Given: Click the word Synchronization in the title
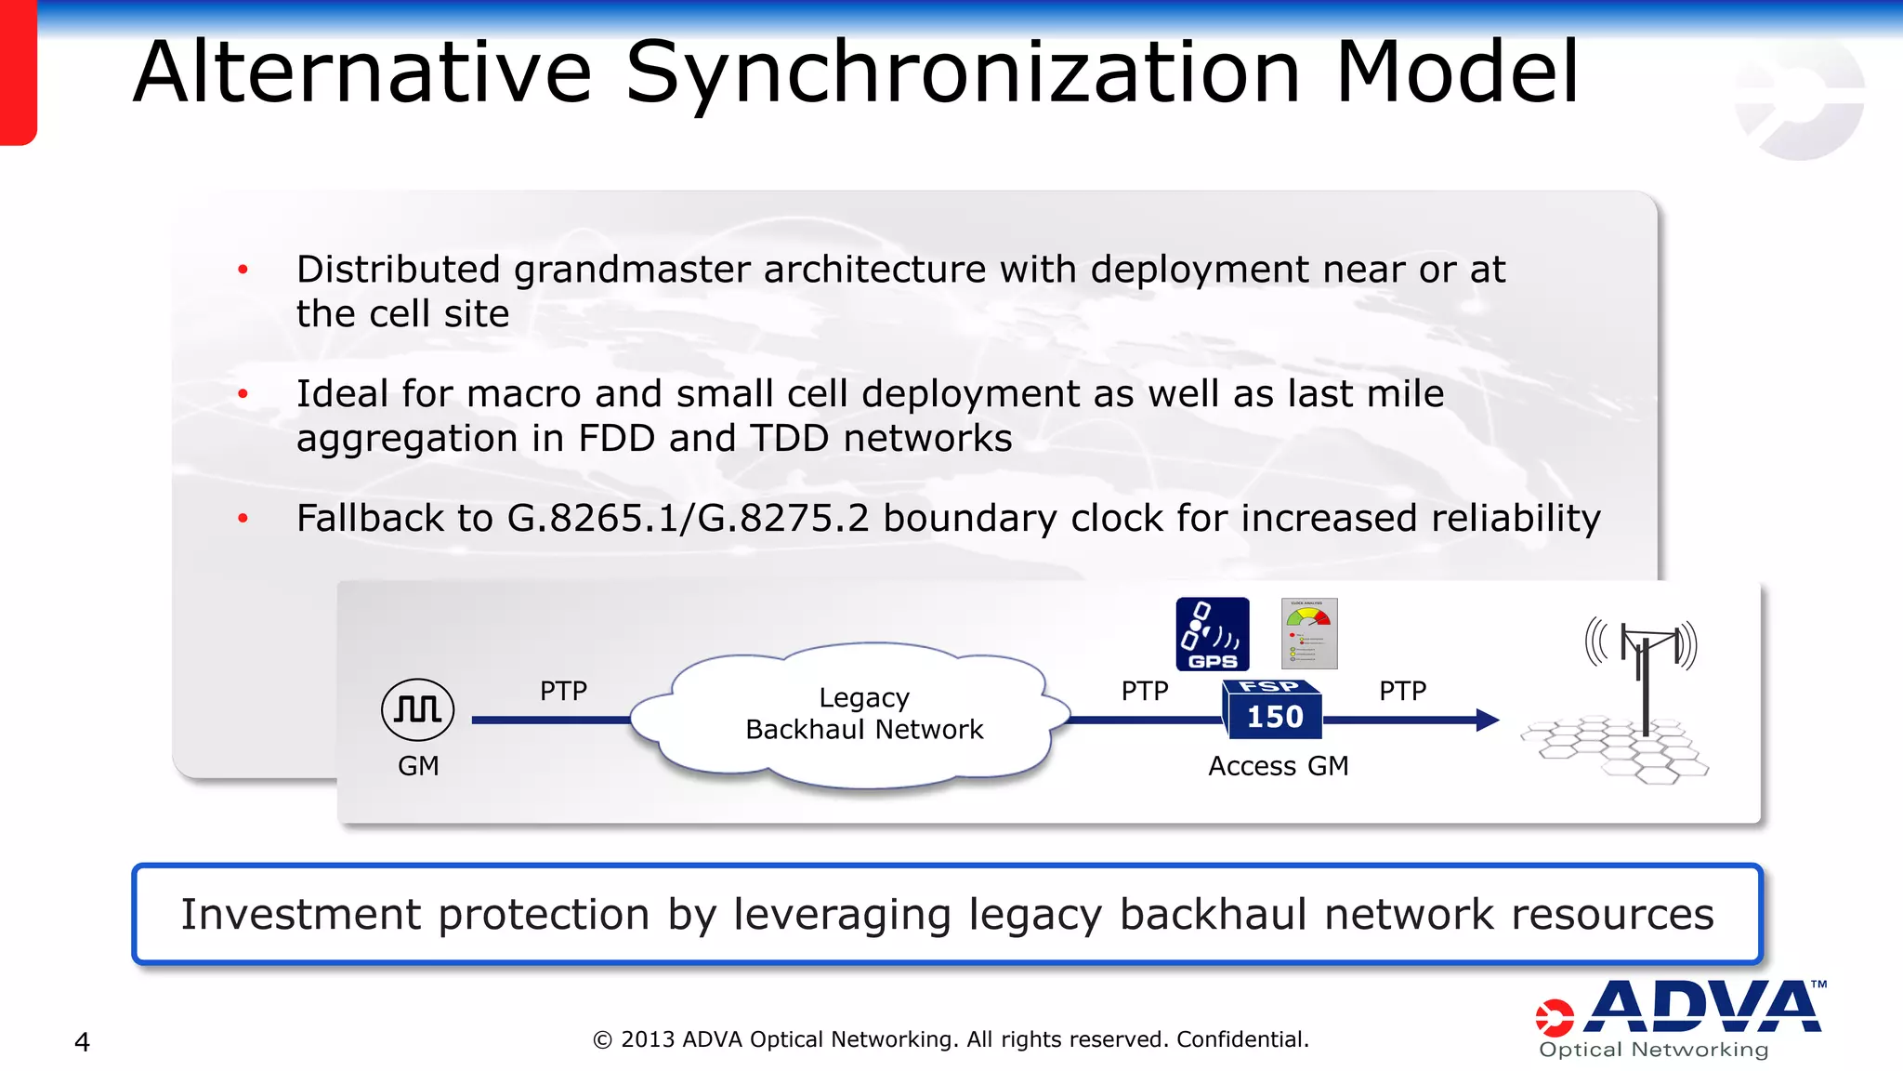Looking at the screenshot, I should click(963, 74).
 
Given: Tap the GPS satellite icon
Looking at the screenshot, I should click(1212, 633).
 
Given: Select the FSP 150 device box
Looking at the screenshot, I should click(1273, 710).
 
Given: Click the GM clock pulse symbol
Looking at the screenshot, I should click(417, 709).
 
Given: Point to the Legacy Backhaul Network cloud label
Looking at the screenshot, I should click(864, 713).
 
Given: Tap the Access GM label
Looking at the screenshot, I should click(1278, 766).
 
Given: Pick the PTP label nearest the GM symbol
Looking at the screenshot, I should click(563, 691).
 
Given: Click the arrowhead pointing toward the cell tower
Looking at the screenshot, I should click(1487, 720).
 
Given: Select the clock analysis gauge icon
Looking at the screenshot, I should click(1308, 633).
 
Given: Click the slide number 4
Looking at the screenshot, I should click(82, 1042).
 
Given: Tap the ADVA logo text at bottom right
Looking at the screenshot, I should click(1704, 1008).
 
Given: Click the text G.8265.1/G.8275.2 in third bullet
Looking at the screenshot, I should click(688, 519).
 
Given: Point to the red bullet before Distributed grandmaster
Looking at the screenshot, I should click(243, 271).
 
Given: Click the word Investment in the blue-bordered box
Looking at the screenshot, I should click(301, 915).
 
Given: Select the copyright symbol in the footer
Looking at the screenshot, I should click(602, 1040).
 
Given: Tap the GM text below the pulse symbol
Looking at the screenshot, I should click(418, 766).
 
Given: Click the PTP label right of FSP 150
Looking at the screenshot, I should click(1402, 691).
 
